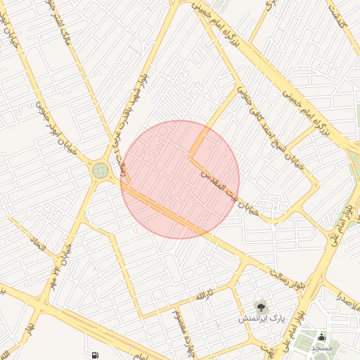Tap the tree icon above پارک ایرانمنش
tap(261, 306)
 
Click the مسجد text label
tap(321, 348)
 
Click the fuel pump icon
tap(94, 354)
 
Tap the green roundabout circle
tap(100, 169)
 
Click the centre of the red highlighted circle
tap(180, 180)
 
